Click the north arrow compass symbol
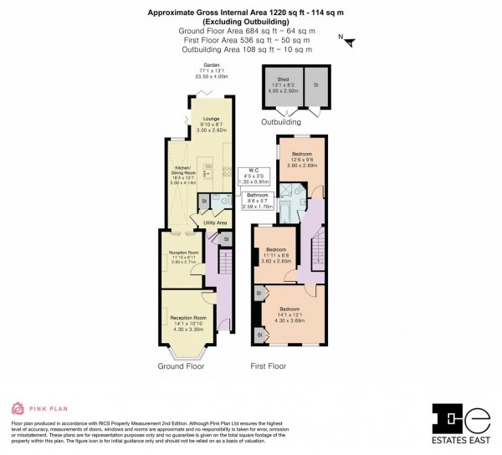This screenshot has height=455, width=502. pos(348,40)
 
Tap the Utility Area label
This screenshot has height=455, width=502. pos(216,222)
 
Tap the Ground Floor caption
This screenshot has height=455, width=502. pos(182,366)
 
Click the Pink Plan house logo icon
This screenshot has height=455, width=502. pos(18,409)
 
